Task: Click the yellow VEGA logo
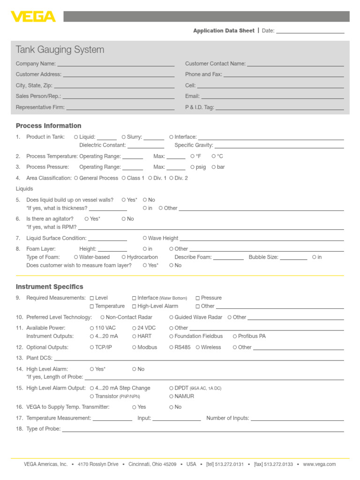[x=33, y=17]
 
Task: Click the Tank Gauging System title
[x=60, y=50]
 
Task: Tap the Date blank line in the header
[x=310, y=32]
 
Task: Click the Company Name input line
[x=116, y=65]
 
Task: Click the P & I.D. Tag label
[x=199, y=107]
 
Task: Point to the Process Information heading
[x=48, y=126]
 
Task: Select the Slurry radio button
[x=124, y=137]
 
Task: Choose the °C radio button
[x=214, y=156]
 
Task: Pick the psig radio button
[x=193, y=167]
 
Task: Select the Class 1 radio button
[x=124, y=178]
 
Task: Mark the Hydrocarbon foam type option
[x=124, y=257]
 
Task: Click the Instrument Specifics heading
[x=49, y=286]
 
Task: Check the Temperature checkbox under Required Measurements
[x=92, y=306]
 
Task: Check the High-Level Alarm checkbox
[x=134, y=306]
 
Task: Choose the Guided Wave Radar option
[x=172, y=317]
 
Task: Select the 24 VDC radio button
[x=134, y=328]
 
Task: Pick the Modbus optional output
[x=134, y=347]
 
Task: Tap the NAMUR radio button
[x=172, y=396]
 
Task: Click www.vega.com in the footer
[x=319, y=464]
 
